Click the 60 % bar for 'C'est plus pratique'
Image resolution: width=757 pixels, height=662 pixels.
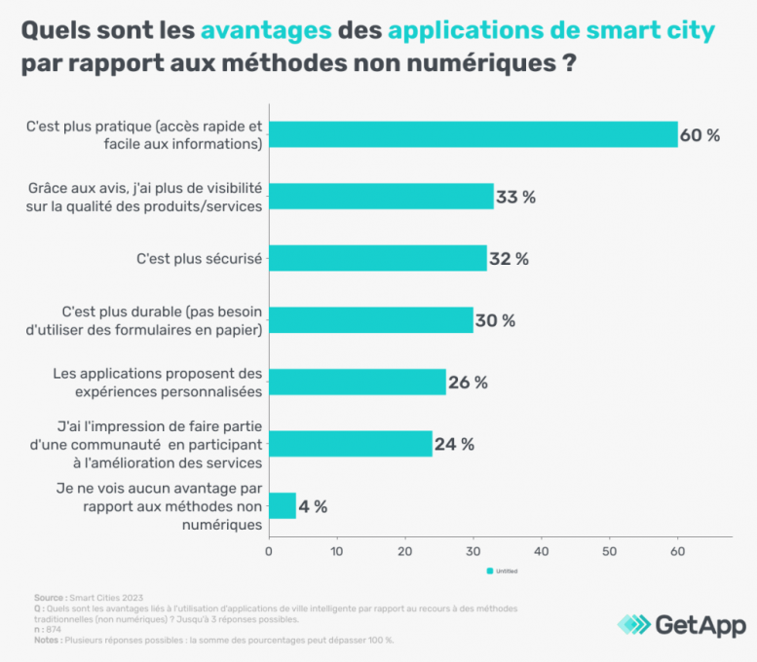point(473,134)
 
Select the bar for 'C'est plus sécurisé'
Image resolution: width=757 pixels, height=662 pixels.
point(377,258)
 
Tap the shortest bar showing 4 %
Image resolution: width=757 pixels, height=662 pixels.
point(283,505)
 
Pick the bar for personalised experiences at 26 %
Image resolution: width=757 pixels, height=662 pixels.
point(357,382)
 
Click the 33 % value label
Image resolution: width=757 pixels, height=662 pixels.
point(516,197)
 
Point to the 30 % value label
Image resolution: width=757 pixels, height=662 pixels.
point(495,320)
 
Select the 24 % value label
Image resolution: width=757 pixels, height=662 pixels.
point(454,444)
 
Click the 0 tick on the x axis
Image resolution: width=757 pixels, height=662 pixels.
point(269,551)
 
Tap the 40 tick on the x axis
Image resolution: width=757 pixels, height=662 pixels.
point(541,551)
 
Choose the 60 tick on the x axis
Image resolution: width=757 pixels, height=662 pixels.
point(677,551)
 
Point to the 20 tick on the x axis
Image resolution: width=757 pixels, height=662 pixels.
point(404,551)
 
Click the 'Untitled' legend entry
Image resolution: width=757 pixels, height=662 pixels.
point(502,571)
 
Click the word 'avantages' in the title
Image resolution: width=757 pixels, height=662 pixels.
point(266,31)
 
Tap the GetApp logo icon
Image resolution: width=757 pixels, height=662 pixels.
point(634,624)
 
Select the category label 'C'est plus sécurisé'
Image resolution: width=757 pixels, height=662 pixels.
point(202,258)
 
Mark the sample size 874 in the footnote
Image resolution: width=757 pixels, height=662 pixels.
point(54,629)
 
